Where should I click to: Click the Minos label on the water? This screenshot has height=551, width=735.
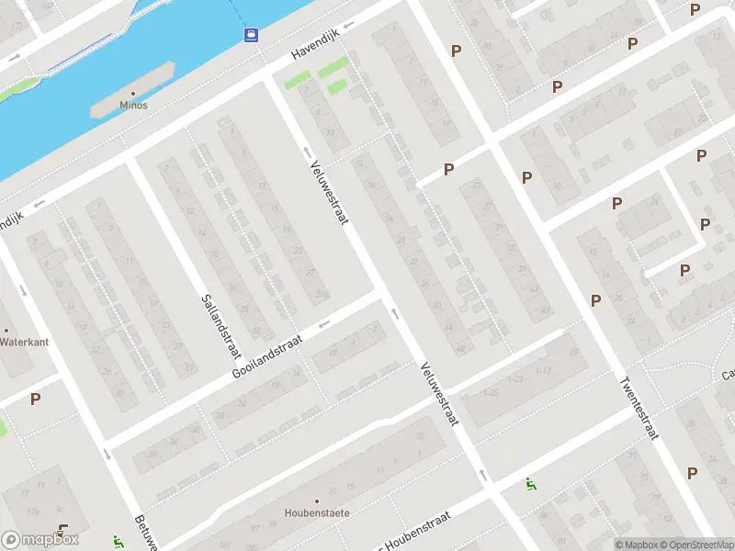pyautogui.click(x=133, y=105)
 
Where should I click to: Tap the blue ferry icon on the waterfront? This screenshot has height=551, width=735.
pyautogui.click(x=250, y=35)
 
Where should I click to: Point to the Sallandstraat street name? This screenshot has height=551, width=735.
pyautogui.click(x=220, y=328)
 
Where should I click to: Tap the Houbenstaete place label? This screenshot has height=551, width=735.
pyautogui.click(x=317, y=513)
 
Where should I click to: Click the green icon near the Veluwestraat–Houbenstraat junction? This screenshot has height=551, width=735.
pyautogui.click(x=529, y=483)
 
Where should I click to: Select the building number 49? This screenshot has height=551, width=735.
pyautogui.click(x=575, y=353)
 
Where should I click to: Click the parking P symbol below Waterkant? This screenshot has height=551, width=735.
pyautogui.click(x=35, y=399)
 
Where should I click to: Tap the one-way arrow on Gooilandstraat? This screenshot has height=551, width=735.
pyautogui.click(x=322, y=324)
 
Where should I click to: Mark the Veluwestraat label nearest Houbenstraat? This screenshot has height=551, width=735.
pyautogui.click(x=439, y=392)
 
